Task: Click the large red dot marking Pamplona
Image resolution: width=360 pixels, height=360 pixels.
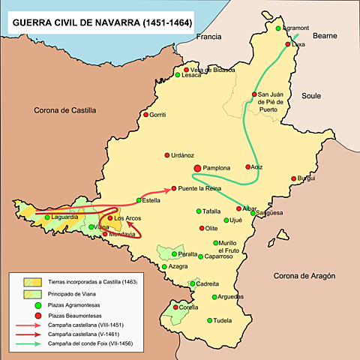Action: [197, 169]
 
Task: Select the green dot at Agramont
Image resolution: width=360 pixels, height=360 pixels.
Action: [277, 28]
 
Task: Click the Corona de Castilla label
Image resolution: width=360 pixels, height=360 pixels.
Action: [65, 110]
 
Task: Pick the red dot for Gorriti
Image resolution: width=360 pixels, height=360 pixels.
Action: [142, 115]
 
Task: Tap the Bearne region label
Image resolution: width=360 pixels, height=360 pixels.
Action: [325, 35]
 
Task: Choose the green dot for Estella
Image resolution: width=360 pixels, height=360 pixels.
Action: [138, 200]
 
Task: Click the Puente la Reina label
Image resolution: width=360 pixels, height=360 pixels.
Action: [202, 188]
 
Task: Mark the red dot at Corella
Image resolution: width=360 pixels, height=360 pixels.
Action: [178, 307]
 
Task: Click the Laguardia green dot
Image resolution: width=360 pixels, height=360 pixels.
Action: [47, 217]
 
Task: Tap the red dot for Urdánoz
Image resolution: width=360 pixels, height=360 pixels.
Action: [166, 155]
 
